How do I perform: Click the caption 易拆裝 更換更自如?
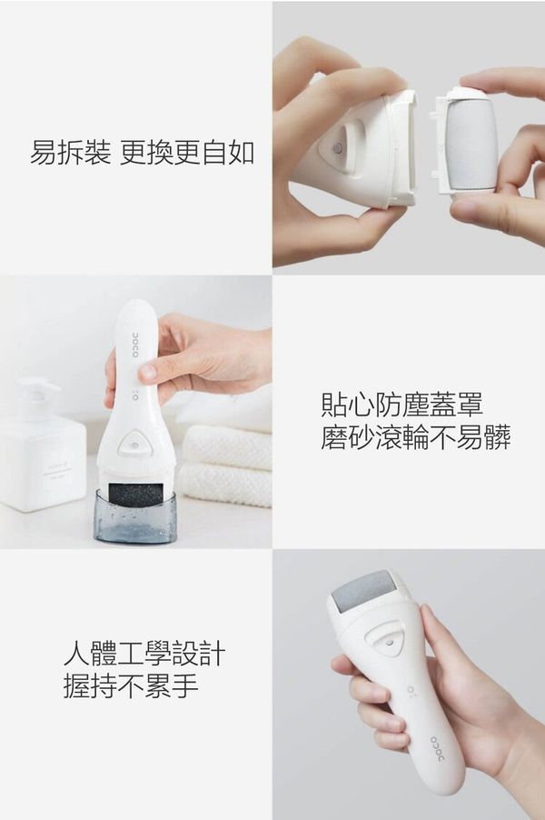(x=142, y=153)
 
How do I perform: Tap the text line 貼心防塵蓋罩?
(x=402, y=405)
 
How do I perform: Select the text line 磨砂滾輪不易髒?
(x=416, y=437)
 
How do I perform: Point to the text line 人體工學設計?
(x=144, y=654)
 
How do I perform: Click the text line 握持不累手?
(x=131, y=686)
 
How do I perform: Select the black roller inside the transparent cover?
(x=135, y=495)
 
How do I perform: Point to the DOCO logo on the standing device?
(x=134, y=345)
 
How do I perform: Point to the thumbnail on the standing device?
(x=148, y=372)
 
